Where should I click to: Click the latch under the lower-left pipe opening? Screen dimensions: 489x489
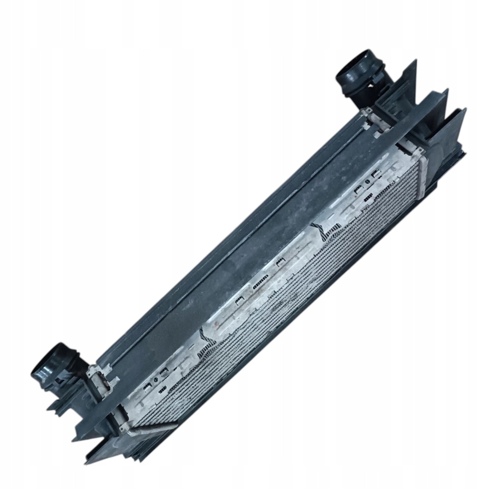60,382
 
